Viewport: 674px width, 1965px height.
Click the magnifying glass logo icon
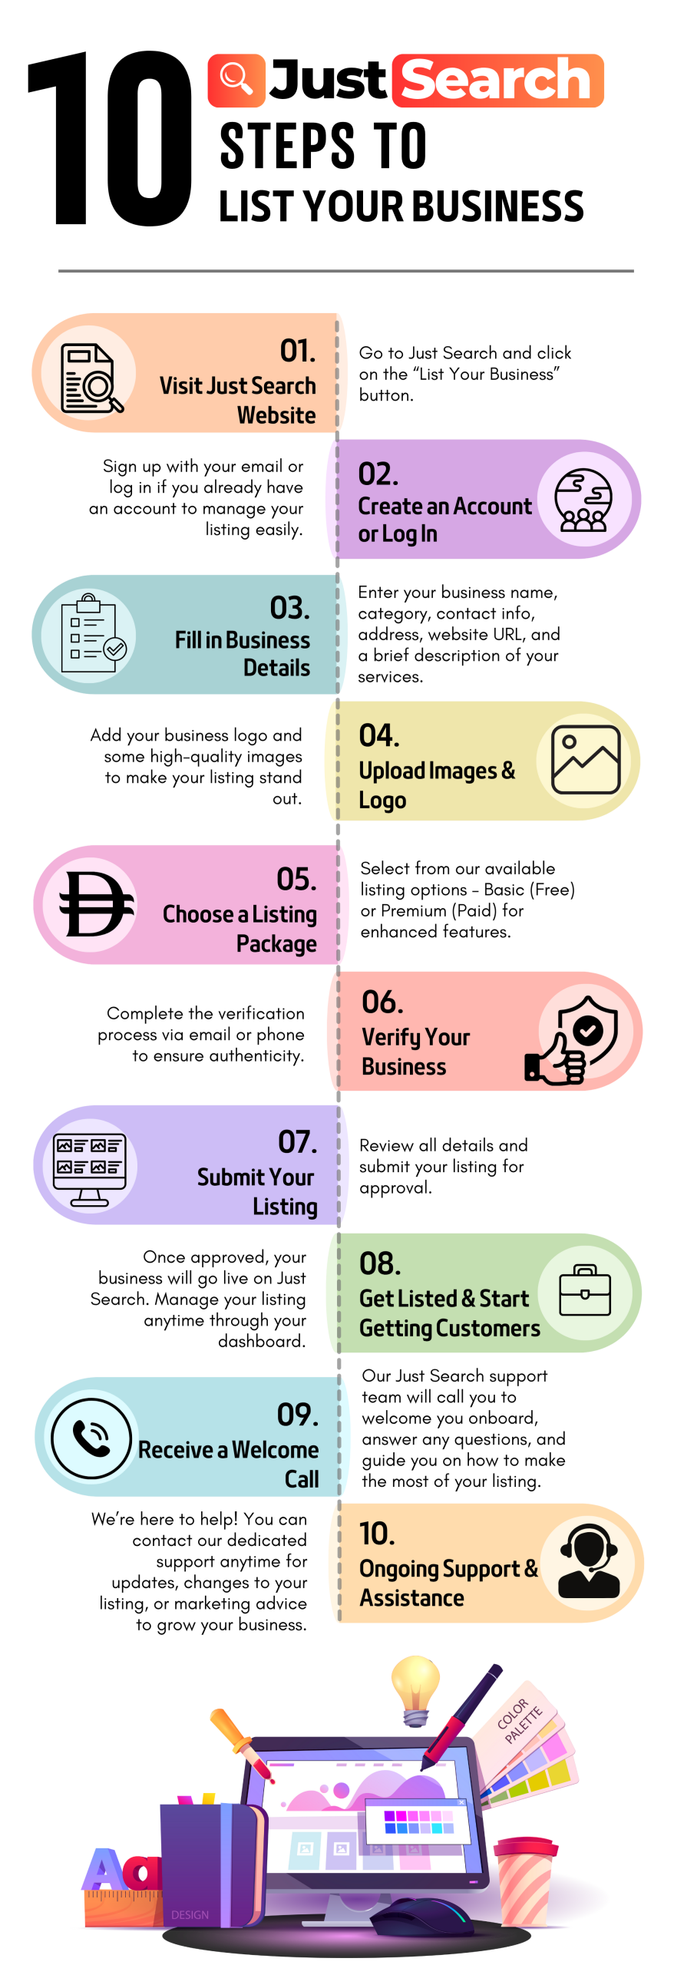pyautogui.click(x=236, y=81)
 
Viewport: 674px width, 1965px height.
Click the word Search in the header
pyautogui.click(x=497, y=81)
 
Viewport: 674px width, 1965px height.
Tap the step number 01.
pyautogui.click(x=297, y=351)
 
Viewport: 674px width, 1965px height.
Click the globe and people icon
pyautogui.click(x=584, y=500)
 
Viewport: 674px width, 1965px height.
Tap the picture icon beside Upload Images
pyautogui.click(x=586, y=760)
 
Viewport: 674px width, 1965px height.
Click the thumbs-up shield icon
pyautogui.click(x=576, y=1039)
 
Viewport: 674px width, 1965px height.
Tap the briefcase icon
pyautogui.click(x=585, y=1291)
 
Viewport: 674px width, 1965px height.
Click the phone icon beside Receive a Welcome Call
pyautogui.click(x=91, y=1438)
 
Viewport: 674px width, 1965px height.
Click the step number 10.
pyautogui.click(x=377, y=1534)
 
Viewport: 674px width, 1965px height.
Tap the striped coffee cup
pyautogui.click(x=524, y=1881)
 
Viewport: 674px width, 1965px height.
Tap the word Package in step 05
pyautogui.click(x=276, y=944)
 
